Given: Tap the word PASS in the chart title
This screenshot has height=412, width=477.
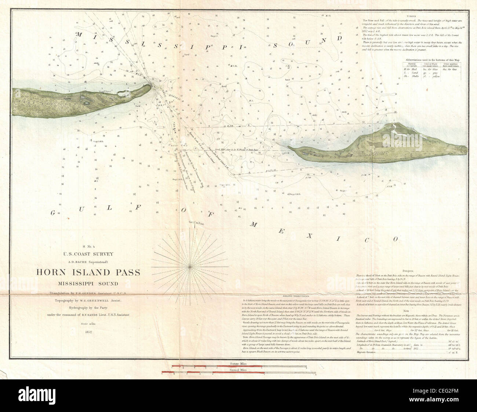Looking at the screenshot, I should [124, 273].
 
